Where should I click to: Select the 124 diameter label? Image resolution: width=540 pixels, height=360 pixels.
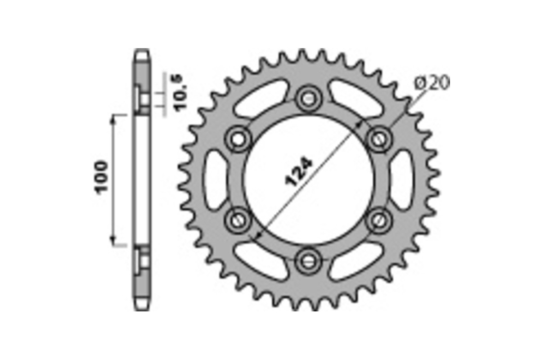click(x=298, y=171)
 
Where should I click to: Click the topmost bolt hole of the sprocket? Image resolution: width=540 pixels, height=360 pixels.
click(x=309, y=99)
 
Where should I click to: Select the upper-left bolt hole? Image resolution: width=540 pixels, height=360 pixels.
click(x=238, y=139)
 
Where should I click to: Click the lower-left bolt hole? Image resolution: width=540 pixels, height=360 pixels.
click(x=238, y=220)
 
